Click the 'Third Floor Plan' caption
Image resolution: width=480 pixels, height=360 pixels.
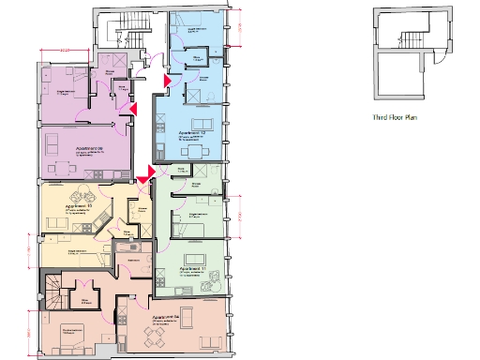[397, 119]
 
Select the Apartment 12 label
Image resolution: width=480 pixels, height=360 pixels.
[192, 135]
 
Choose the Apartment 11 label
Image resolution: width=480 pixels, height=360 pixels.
[192, 269]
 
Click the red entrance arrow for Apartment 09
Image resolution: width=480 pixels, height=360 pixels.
[133, 110]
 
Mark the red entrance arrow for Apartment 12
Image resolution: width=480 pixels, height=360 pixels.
[166, 82]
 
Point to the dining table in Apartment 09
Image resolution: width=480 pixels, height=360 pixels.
[62, 169]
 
